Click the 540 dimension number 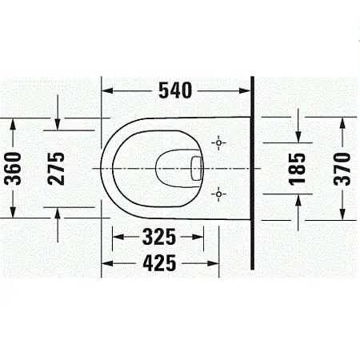(x=175, y=90)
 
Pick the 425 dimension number (x=162, y=262)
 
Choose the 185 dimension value (x=298, y=170)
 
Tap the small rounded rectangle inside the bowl (x=196, y=168)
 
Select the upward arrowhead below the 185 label (x=298, y=202)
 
